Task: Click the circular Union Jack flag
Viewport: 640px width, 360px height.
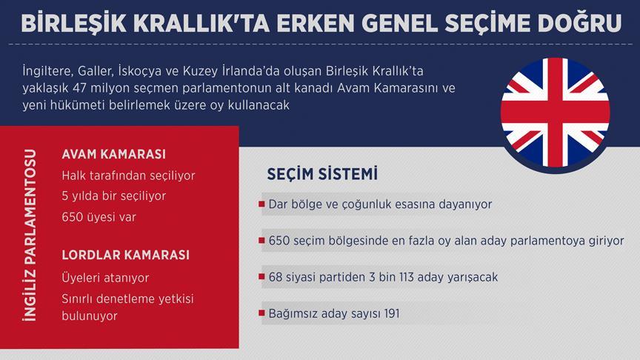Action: pyautogui.click(x=555, y=113)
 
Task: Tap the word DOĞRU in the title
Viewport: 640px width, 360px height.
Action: pyautogui.click(x=579, y=23)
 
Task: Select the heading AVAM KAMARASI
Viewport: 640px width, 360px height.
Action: pyautogui.click(x=114, y=154)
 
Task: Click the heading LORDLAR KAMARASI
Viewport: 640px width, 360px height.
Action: pyautogui.click(x=126, y=255)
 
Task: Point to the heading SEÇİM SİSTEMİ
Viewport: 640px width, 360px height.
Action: pyautogui.click(x=322, y=173)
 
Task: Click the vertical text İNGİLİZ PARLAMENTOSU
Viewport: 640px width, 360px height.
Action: pyautogui.click(x=30, y=235)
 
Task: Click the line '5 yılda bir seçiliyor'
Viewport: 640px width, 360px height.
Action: pyautogui.click(x=114, y=196)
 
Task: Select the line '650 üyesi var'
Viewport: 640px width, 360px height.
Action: pyautogui.click(x=99, y=217)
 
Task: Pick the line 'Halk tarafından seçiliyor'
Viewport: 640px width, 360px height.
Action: pyautogui.click(x=129, y=176)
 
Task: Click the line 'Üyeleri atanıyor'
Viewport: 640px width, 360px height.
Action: pyautogui.click(x=105, y=278)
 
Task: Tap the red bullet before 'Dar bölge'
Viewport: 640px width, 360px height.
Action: pyautogui.click(x=261, y=204)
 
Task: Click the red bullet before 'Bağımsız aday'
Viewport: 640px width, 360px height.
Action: pyautogui.click(x=261, y=313)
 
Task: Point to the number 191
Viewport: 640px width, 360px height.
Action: pyautogui.click(x=392, y=313)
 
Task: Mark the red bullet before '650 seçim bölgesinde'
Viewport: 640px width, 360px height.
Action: pyautogui.click(x=261, y=241)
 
